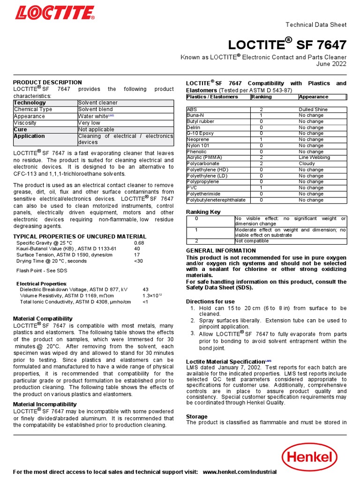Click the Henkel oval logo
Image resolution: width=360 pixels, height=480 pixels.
click(309, 457)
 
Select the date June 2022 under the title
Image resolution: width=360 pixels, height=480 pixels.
click(331, 64)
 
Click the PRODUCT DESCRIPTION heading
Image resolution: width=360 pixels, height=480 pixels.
click(47, 82)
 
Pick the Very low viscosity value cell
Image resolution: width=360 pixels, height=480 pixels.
click(89, 123)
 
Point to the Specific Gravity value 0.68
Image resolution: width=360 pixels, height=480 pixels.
click(139, 243)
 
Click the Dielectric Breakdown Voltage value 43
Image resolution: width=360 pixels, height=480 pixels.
click(145, 290)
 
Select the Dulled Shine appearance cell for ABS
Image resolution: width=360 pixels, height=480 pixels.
click(313, 109)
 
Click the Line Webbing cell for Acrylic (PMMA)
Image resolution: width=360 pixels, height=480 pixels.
click(314, 157)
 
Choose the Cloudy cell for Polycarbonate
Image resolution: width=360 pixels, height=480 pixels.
click(307, 164)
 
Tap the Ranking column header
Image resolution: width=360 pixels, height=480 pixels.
click(261, 97)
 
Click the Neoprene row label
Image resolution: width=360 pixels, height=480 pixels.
click(199, 139)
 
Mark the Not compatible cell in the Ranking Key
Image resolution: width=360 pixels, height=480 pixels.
click(252, 241)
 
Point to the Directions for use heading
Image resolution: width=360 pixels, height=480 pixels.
click(210, 301)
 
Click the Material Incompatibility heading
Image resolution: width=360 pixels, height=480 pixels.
click(45, 404)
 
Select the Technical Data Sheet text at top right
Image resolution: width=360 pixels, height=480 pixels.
click(316, 25)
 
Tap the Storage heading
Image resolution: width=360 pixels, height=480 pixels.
click(196, 416)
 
